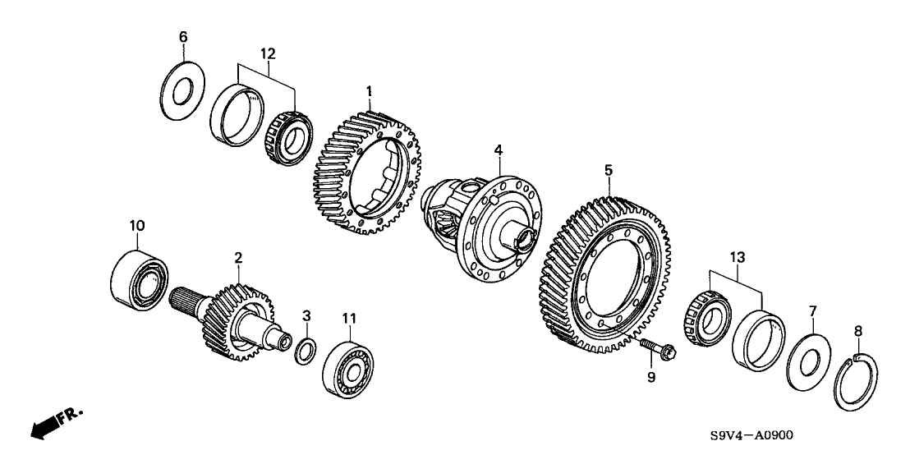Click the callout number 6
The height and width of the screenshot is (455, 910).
[183, 37]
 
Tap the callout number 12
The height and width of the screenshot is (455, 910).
[268, 53]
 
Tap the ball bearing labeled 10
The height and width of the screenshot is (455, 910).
[140, 278]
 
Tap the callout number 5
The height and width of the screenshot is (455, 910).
[609, 170]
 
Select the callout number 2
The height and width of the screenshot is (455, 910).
[238, 258]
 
